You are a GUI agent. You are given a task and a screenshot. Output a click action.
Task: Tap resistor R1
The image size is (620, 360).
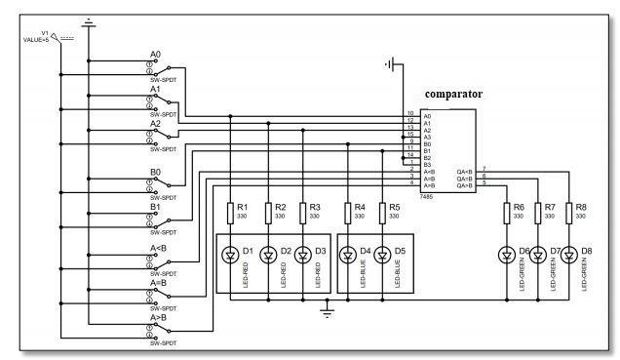230,212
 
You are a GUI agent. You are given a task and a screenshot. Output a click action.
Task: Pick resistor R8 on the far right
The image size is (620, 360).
567,212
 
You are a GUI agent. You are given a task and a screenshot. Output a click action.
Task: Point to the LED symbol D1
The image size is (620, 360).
230,257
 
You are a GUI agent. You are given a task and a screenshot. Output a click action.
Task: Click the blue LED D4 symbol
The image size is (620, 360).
346,257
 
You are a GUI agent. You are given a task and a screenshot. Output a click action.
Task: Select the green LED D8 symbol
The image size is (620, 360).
567,257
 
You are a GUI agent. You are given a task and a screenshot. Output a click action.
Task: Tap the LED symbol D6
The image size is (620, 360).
506,257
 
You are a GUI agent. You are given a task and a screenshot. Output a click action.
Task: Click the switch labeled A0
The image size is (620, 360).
157,65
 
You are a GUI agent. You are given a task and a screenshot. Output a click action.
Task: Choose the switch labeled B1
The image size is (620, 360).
157,220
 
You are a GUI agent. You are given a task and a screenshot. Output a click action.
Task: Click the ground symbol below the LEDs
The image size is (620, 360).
327,311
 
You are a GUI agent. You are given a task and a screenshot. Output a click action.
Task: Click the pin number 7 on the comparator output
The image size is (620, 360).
484,169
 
